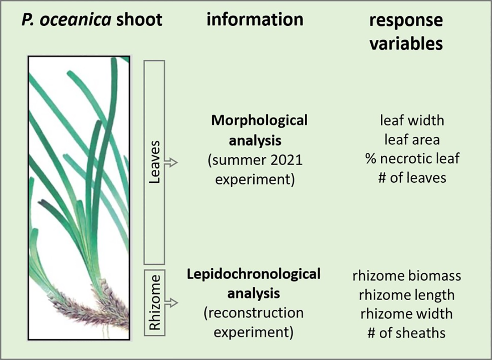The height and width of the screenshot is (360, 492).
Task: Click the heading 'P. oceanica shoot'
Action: [x=92, y=20]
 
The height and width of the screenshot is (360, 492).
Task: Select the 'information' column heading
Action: [x=255, y=20]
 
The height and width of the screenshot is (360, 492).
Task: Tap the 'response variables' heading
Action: [x=406, y=32]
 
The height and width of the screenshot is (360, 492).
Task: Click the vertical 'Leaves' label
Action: [x=155, y=162]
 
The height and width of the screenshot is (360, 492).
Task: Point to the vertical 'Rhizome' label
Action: [x=155, y=302]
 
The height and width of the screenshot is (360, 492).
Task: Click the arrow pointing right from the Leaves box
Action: [x=171, y=162]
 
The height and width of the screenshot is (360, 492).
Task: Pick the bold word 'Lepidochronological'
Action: [x=253, y=274]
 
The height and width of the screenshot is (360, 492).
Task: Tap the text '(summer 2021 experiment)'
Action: [x=255, y=170]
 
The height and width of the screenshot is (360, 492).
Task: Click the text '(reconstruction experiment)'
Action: [x=253, y=322]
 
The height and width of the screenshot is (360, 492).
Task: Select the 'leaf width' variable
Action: [x=412, y=120]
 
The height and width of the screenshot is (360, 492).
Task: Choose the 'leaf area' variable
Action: [x=412, y=140]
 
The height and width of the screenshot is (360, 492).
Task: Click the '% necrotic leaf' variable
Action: [x=412, y=158]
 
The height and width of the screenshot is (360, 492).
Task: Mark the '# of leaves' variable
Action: [x=412, y=178]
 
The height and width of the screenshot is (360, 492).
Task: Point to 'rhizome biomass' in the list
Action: [x=406, y=276]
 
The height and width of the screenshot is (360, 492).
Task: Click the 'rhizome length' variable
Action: [x=406, y=295]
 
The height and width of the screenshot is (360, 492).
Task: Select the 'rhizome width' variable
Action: [x=406, y=314]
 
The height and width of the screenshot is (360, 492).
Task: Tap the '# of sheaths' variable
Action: [x=406, y=333]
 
